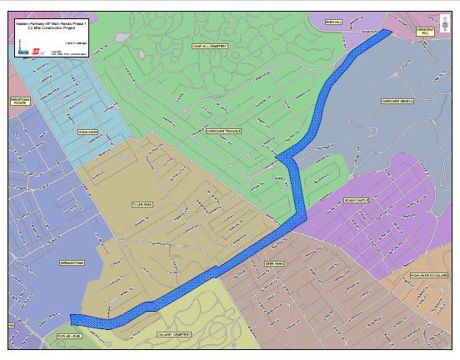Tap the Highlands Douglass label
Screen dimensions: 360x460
pyautogui.click(x=428, y=275)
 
